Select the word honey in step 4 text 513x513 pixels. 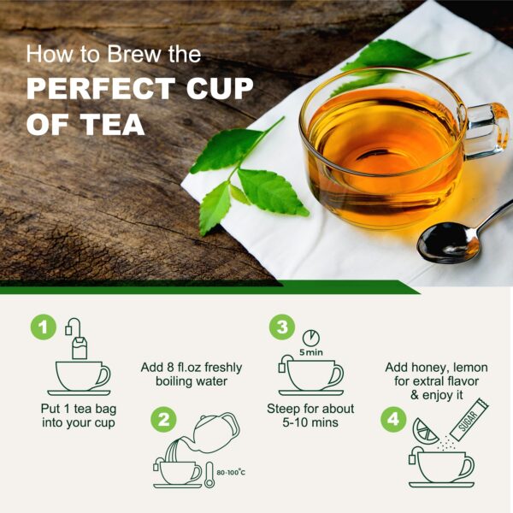click(x=422, y=368)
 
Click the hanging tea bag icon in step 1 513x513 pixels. click(x=80, y=345)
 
